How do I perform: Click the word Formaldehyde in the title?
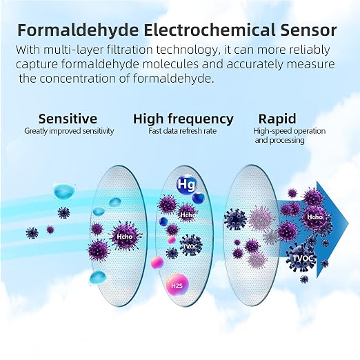pyautogui.click(x=78, y=30)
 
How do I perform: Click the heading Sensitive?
pyautogui.click(x=68, y=119)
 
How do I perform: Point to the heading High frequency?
pyautogui.click(x=183, y=119)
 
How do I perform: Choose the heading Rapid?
pyautogui.click(x=277, y=119)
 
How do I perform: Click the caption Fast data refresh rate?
pyautogui.click(x=182, y=131)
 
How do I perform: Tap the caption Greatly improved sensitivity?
pyautogui.click(x=69, y=131)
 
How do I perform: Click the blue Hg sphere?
pyautogui.click(x=186, y=184)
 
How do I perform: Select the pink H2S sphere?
pyautogui.click(x=177, y=286)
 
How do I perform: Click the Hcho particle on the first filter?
pyautogui.click(x=125, y=236)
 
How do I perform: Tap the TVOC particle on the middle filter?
pyautogui.click(x=190, y=246)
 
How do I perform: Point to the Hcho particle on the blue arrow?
pyautogui.click(x=314, y=217)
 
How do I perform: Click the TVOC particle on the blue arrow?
pyautogui.click(x=301, y=258)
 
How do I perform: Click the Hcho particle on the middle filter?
pyautogui.click(x=188, y=214)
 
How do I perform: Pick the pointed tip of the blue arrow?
pyautogui.click(x=349, y=223)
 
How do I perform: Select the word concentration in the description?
pyautogui.click(x=77, y=79)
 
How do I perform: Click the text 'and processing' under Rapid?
pyautogui.click(x=279, y=140)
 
